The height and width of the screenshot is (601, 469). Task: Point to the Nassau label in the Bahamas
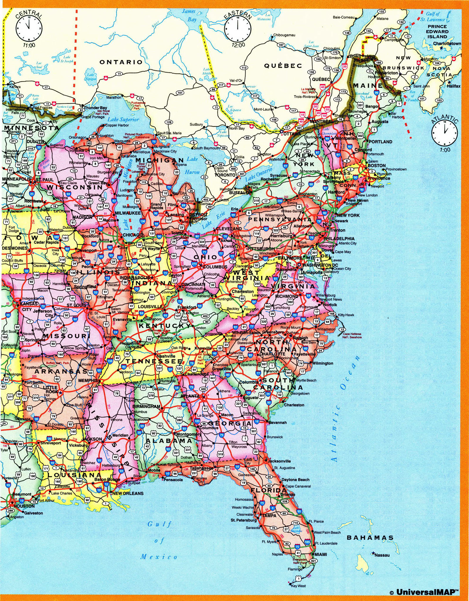click(x=382, y=555)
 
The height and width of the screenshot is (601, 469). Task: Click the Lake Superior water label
click(x=123, y=119)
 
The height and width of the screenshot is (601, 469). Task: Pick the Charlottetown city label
click(x=447, y=43)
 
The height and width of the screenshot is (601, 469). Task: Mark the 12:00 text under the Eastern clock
click(x=238, y=45)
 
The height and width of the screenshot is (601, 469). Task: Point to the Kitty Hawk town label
click(x=346, y=315)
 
